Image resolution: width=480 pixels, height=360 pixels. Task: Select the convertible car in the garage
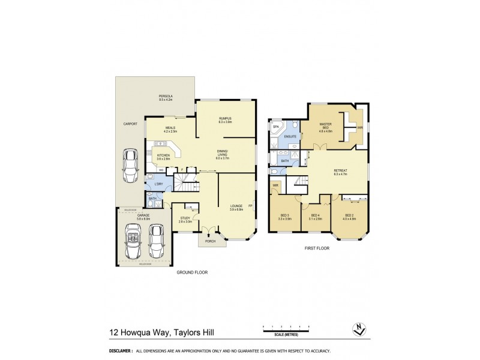130,241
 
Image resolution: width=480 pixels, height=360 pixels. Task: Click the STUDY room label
185,218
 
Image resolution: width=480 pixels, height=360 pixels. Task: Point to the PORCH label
211,242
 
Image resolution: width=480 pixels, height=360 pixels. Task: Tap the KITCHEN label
163,155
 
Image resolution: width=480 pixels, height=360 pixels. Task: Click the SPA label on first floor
277,127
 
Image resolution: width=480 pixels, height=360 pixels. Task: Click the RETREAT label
340,171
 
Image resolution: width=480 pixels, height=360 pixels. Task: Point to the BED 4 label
315,215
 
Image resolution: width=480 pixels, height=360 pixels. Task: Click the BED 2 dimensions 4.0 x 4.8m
349,219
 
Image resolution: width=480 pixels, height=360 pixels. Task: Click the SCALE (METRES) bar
285,326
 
